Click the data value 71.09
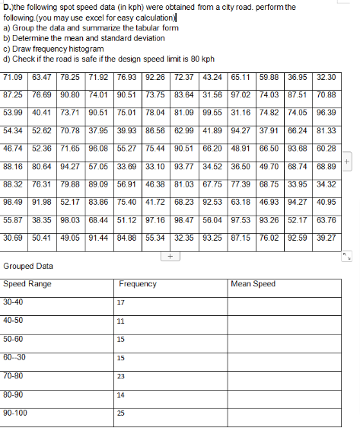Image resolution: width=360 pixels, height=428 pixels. coord(14,77)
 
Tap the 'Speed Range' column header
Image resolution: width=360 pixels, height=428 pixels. coord(27,284)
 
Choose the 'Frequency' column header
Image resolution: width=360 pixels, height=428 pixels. coord(138,284)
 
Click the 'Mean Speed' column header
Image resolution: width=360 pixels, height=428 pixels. coord(253,284)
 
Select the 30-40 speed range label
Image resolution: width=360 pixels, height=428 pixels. coord(13,302)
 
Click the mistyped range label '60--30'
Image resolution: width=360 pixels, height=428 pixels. coord(14,357)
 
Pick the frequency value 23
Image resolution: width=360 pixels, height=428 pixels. coord(121,376)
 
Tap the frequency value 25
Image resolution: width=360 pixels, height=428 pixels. coord(121,414)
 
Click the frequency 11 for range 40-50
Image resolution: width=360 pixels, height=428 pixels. coord(120,321)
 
